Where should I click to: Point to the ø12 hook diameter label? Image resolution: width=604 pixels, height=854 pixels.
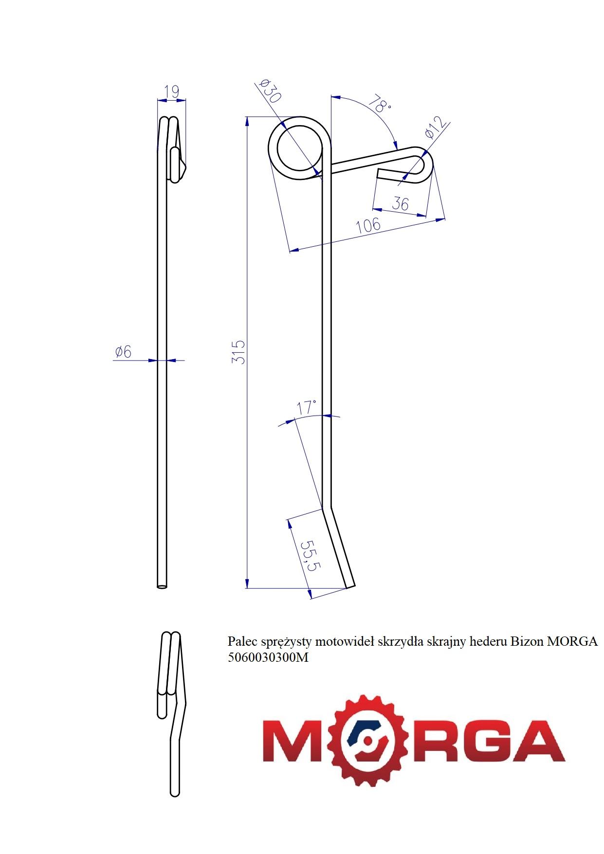(436, 127)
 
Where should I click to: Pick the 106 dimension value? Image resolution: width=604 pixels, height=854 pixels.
(368, 225)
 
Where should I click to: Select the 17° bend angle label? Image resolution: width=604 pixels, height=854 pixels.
(307, 407)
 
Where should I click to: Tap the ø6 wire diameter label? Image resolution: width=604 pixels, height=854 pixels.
(123, 351)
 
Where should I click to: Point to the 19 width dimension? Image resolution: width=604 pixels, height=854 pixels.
(172, 91)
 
